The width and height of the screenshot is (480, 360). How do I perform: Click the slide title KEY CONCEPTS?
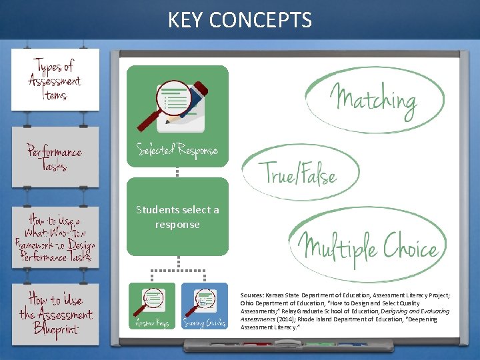(240, 20)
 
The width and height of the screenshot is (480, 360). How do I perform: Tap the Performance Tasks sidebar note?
(55, 157)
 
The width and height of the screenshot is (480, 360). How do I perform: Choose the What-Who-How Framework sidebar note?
(55, 237)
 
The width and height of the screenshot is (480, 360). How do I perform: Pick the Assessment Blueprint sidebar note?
(55, 313)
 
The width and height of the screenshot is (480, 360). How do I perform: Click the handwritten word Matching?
(375, 100)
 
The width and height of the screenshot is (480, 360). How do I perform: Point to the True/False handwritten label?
(301, 174)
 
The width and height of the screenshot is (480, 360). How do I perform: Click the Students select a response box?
(177, 217)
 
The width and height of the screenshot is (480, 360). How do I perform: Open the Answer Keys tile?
(151, 306)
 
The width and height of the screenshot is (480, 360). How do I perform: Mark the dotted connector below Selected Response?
(177, 172)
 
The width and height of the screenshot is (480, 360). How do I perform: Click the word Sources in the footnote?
(252, 294)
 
